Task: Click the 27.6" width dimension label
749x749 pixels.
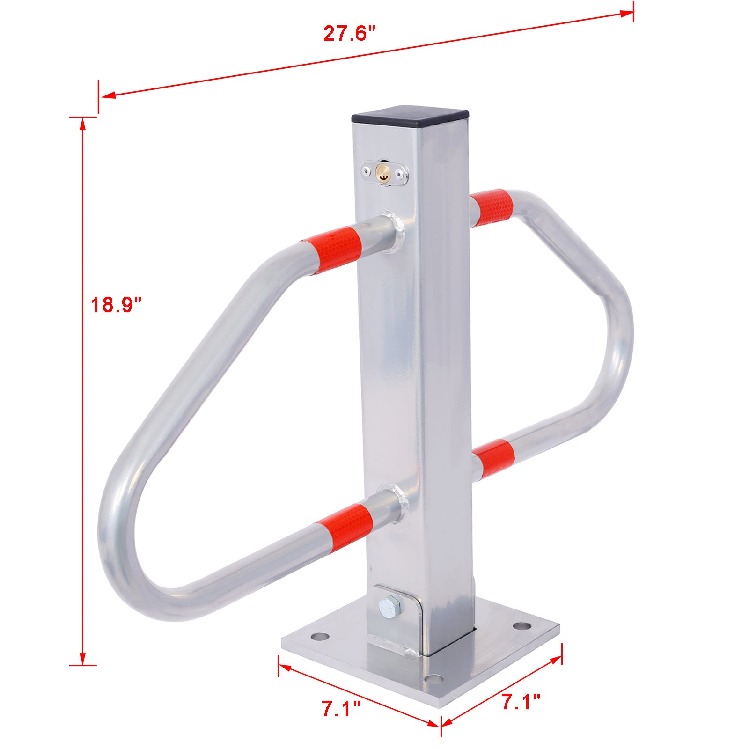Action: coord(349,34)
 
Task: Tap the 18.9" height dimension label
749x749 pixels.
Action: coord(116,305)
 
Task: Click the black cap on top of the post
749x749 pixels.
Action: coord(410,118)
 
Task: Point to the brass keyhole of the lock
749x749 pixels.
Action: coord(383,173)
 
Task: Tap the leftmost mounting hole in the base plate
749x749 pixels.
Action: coord(320,637)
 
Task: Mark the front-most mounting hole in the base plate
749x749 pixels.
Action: coord(433,678)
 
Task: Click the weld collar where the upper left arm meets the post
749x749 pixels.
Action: coord(394,231)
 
